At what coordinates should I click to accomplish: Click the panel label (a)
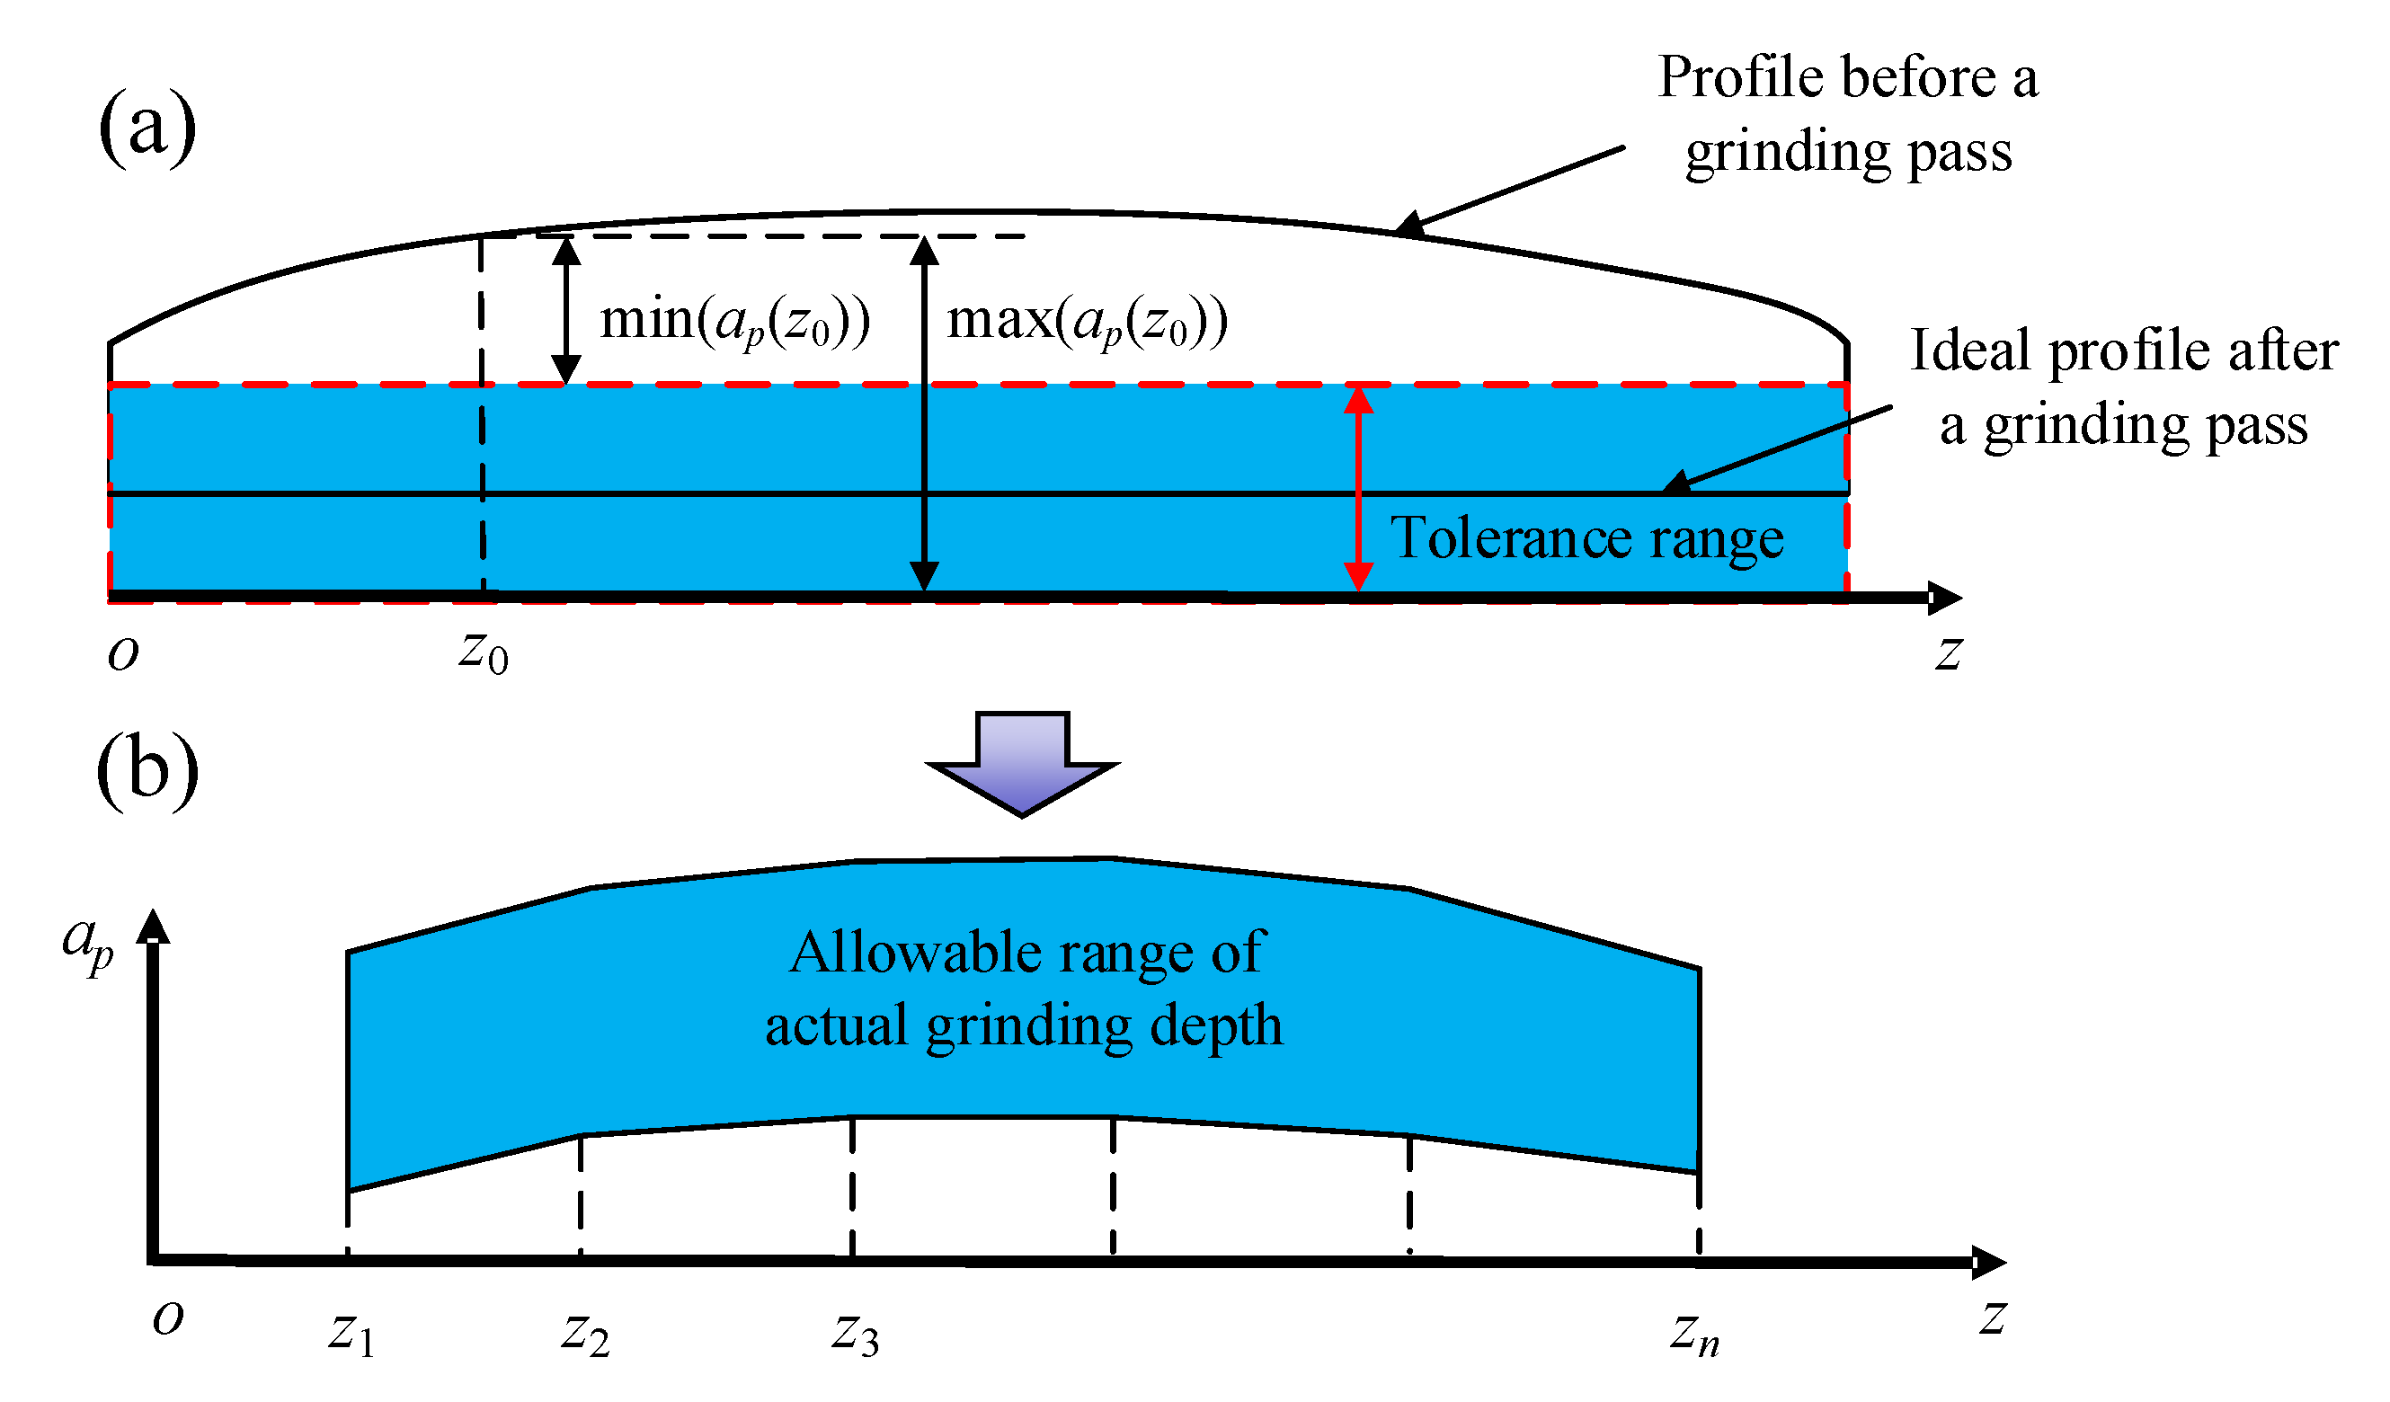point(147,128)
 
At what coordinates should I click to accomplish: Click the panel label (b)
point(147,770)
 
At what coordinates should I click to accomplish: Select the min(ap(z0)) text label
point(735,322)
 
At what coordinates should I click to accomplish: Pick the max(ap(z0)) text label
point(1087,322)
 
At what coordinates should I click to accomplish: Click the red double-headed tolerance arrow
point(1358,489)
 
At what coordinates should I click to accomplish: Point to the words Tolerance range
point(1586,539)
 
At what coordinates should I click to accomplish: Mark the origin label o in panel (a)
point(123,653)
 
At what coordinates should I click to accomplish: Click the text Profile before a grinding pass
point(1847,114)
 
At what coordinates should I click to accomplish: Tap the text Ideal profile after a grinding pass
point(2122,387)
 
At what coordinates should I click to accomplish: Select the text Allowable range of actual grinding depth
point(1025,989)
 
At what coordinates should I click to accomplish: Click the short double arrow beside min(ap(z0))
point(566,310)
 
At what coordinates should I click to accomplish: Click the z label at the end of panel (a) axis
point(1949,653)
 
